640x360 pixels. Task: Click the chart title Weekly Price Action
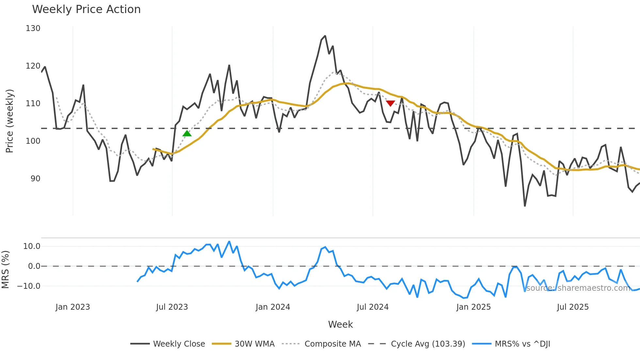tap(86, 9)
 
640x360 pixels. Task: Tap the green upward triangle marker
tap(187, 133)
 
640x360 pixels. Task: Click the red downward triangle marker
tap(391, 103)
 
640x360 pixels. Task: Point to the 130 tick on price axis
tap(33, 28)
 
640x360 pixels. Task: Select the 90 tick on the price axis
tap(35, 179)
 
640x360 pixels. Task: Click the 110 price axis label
tap(33, 104)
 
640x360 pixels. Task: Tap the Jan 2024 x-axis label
tap(273, 307)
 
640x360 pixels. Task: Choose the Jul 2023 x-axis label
tap(172, 307)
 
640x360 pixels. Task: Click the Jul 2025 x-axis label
tap(573, 307)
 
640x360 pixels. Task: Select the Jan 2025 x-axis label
tap(473, 307)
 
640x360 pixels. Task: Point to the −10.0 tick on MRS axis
tap(29, 286)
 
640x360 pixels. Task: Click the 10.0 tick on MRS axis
tap(32, 246)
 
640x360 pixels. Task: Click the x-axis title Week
tap(340, 324)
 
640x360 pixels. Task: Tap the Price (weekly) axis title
tap(9, 121)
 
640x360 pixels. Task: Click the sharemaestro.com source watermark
tap(578, 288)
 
